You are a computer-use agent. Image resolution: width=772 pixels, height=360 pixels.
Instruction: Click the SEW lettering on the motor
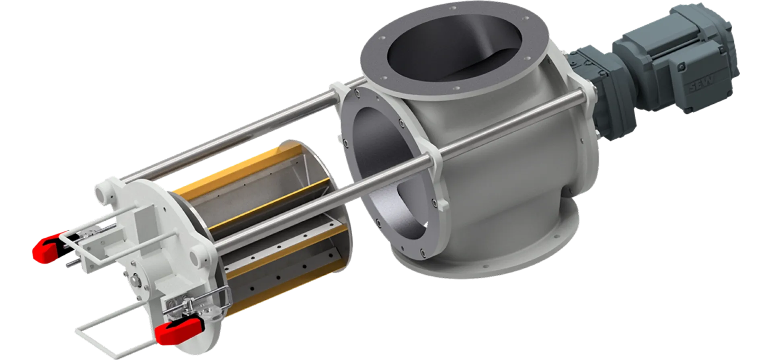(x=702, y=83)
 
